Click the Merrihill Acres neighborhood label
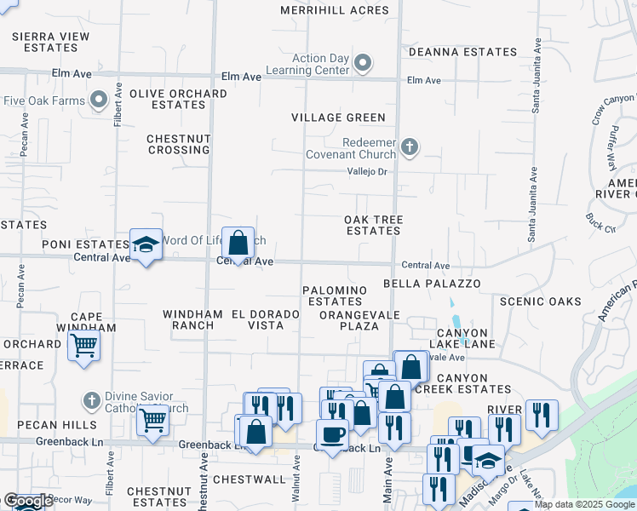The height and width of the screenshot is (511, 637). tap(335, 11)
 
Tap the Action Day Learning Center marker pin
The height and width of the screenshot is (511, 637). tap(364, 62)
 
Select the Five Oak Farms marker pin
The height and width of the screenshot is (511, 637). tap(99, 100)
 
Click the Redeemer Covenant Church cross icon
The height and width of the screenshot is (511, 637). tap(410, 147)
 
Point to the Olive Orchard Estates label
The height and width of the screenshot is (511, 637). tap(167, 99)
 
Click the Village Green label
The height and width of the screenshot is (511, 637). tap(338, 118)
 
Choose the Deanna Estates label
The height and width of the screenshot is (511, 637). tap(462, 52)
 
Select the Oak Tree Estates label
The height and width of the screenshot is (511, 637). tap(373, 225)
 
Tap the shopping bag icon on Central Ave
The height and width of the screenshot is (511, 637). tap(238, 242)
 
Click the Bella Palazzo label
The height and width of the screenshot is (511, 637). tap(432, 283)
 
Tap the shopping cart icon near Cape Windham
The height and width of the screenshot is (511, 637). tap(84, 346)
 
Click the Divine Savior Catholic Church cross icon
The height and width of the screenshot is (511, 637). tap(92, 399)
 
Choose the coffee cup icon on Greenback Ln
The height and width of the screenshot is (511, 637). tap(332, 434)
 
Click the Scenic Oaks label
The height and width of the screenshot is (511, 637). tap(540, 301)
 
